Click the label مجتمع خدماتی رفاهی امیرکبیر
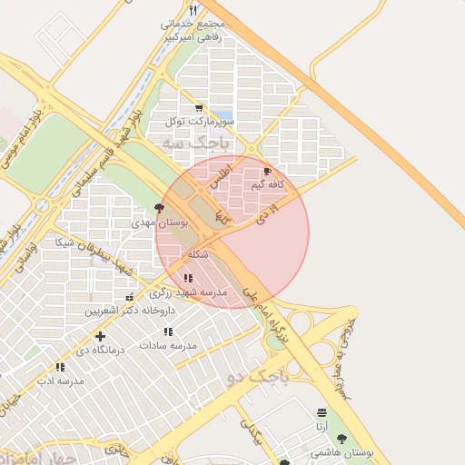(x=193, y=31)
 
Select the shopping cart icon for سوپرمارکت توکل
(x=199, y=107)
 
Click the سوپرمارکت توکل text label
(x=200, y=121)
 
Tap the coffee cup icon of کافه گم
(x=267, y=171)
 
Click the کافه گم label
(x=268, y=184)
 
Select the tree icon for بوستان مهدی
(x=160, y=208)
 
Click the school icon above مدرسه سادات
(x=168, y=331)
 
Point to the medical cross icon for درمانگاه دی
(x=100, y=336)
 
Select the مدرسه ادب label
(x=60, y=381)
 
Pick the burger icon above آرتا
(x=322, y=412)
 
